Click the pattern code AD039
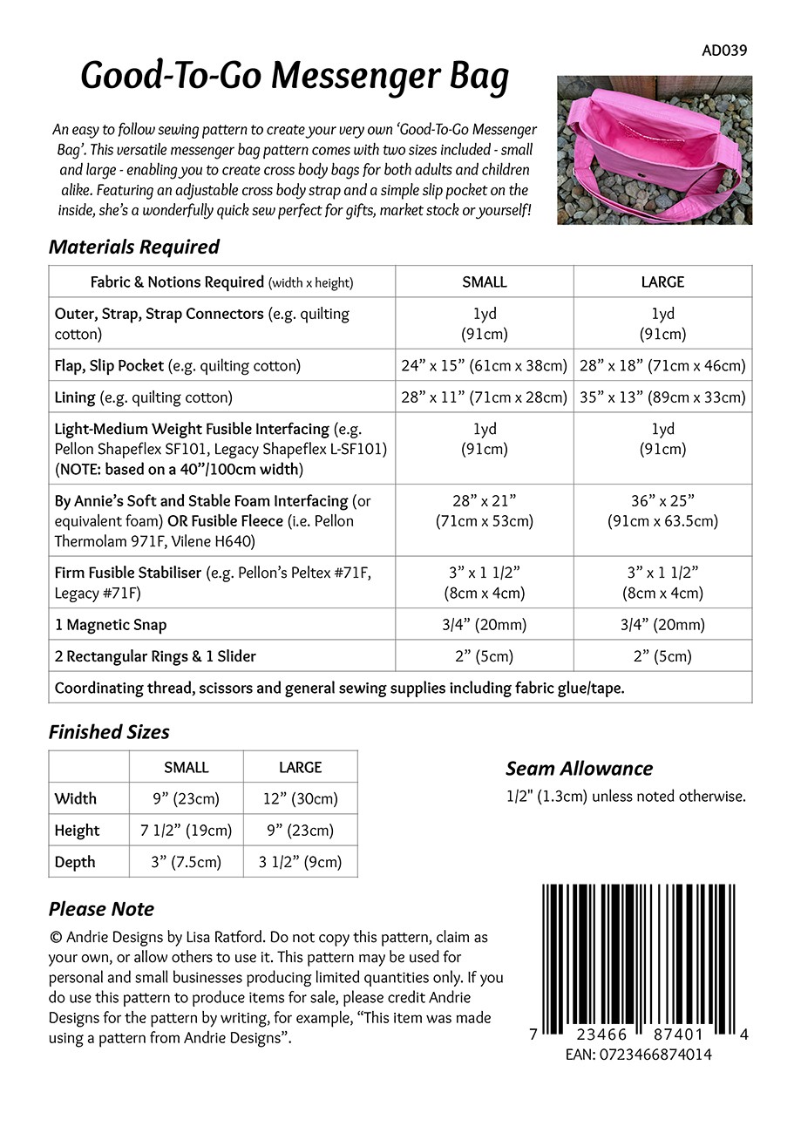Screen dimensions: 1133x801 coord(724,51)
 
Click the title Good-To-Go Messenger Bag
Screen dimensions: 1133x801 coord(295,77)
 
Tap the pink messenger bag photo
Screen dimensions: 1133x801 coord(654,150)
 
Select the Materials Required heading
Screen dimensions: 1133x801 coord(134,247)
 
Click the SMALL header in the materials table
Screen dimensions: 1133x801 coord(485,282)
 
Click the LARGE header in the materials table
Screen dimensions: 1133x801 coord(662,282)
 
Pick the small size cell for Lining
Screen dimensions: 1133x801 coord(485,397)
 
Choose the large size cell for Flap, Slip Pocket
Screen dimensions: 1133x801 coord(662,366)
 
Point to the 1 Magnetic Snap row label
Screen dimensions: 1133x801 coord(111,625)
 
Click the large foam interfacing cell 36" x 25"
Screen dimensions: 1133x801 coord(662,512)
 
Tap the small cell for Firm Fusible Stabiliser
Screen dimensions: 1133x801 coord(485,582)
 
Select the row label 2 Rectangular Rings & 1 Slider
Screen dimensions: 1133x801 coord(155,656)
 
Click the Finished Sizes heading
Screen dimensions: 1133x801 coord(109,732)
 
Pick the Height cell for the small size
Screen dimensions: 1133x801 coord(187,831)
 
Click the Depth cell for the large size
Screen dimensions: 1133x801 coord(301,862)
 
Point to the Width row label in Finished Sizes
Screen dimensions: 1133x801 coord(76,798)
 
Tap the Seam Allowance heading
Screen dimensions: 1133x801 coord(579,769)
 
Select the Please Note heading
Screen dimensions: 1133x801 coord(101,909)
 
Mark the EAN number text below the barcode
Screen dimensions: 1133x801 coord(638,1055)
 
